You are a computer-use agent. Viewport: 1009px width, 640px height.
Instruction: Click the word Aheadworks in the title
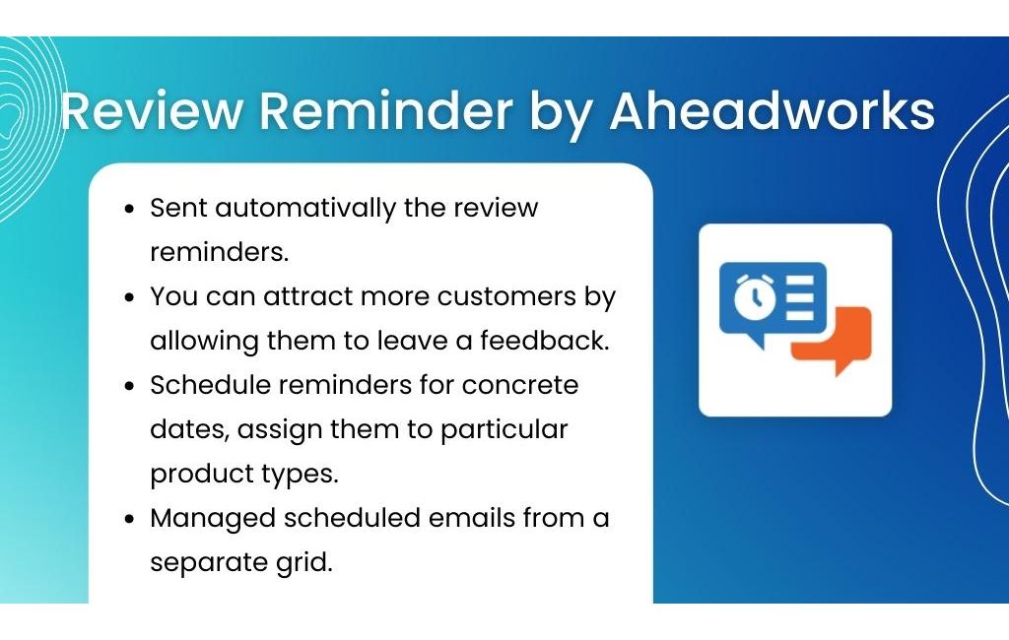coord(773,110)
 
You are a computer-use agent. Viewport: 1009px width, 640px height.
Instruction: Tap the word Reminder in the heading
coord(386,110)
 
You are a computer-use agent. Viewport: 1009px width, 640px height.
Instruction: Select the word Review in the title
coord(151,110)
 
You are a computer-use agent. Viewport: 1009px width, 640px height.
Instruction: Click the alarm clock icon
coord(755,297)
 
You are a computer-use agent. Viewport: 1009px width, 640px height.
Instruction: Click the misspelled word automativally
coord(305,209)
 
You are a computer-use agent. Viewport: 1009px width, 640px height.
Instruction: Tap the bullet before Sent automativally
coord(130,209)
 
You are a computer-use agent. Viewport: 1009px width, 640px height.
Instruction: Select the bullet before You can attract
coord(130,297)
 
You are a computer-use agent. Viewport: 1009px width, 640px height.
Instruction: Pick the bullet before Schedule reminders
coord(130,387)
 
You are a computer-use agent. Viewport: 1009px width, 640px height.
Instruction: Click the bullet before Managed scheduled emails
coord(130,519)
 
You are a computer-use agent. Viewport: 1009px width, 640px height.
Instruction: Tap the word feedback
coord(544,341)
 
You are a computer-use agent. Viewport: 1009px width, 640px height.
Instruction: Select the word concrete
coord(520,385)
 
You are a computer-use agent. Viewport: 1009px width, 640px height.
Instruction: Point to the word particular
coord(504,429)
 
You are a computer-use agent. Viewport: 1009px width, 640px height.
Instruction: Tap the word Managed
coord(213,519)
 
